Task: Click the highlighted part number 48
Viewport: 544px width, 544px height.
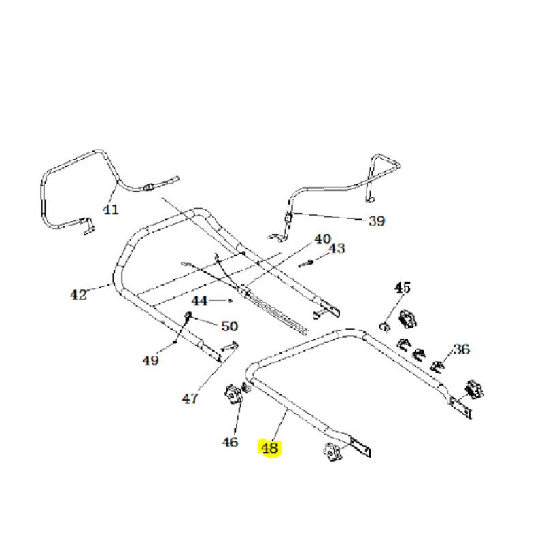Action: pyautogui.click(x=269, y=447)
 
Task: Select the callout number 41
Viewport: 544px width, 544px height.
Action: pyautogui.click(x=111, y=209)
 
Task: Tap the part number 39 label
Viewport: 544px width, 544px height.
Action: pyautogui.click(x=377, y=220)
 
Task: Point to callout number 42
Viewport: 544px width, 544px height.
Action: pyautogui.click(x=78, y=295)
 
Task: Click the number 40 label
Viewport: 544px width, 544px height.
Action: pyautogui.click(x=322, y=239)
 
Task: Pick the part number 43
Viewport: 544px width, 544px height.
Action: pyautogui.click(x=337, y=248)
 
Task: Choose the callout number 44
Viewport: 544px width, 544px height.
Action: pyautogui.click(x=200, y=301)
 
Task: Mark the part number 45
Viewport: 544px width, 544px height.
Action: pyautogui.click(x=403, y=288)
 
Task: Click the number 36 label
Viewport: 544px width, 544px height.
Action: pyautogui.click(x=462, y=349)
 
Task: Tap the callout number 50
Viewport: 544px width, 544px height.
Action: pyautogui.click(x=230, y=326)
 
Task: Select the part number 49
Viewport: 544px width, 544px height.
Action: pyautogui.click(x=150, y=361)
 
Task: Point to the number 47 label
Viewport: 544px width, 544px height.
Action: pyautogui.click(x=190, y=399)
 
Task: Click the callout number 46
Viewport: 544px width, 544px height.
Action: pyautogui.click(x=230, y=442)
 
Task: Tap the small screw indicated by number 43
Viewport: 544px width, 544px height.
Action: pyautogui.click(x=306, y=264)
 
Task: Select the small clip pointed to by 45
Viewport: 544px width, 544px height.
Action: pyautogui.click(x=384, y=326)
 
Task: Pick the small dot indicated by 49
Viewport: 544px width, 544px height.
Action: pyautogui.click(x=175, y=343)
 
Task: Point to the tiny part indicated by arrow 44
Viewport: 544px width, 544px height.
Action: pyautogui.click(x=231, y=301)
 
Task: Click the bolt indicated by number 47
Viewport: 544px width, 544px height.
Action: pyautogui.click(x=229, y=346)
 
